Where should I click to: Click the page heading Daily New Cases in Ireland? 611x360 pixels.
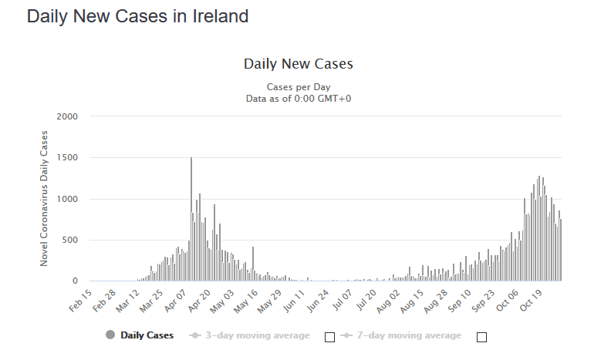[137, 16]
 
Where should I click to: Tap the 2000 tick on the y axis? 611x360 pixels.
[68, 116]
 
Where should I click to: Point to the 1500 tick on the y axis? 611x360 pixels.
[68, 158]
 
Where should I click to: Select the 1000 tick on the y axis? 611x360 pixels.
[68, 199]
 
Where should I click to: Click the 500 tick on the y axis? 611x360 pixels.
[70, 241]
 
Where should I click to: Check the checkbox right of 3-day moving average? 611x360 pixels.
[330, 337]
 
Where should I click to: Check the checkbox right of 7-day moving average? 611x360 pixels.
[482, 337]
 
